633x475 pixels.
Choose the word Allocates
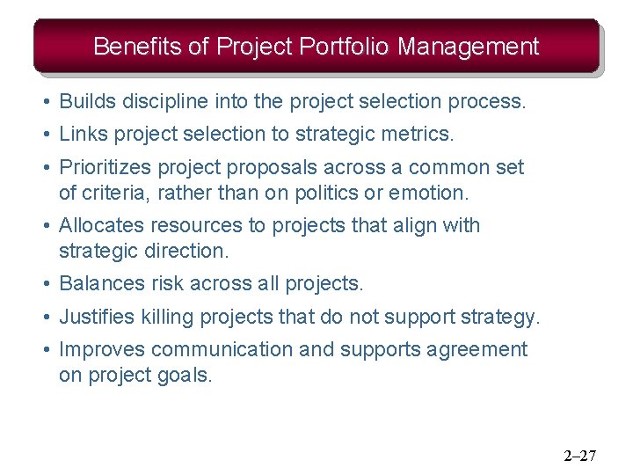coord(98,225)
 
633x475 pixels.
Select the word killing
coord(168,317)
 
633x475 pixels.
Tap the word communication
coord(222,349)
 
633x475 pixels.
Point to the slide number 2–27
coord(580,456)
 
